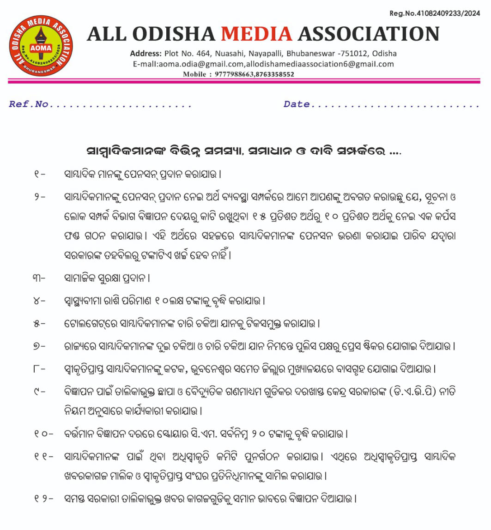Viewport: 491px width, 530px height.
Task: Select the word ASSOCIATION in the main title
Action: (368, 34)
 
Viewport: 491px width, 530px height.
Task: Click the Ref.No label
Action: (29, 104)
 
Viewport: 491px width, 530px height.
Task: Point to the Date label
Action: (297, 104)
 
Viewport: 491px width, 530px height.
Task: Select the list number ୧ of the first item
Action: (38, 175)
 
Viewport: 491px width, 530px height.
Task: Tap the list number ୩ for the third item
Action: (39, 279)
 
